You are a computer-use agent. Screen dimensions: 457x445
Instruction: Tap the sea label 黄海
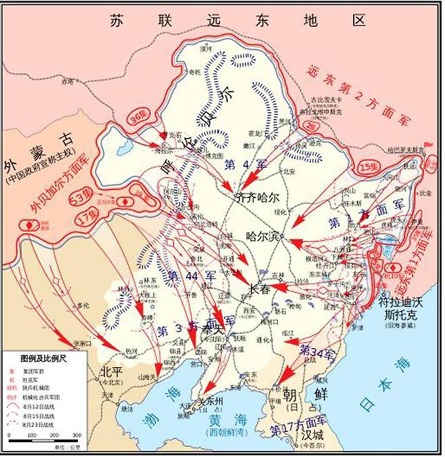coord(223,420)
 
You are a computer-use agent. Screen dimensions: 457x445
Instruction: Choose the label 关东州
coord(209,402)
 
